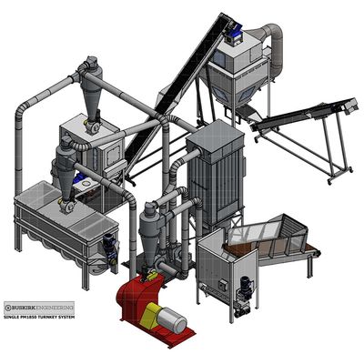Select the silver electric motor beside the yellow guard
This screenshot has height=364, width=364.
172,320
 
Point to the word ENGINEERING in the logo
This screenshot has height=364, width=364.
55,308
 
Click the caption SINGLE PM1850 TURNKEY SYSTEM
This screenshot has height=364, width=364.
39,317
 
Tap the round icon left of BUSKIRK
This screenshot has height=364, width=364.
8,308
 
